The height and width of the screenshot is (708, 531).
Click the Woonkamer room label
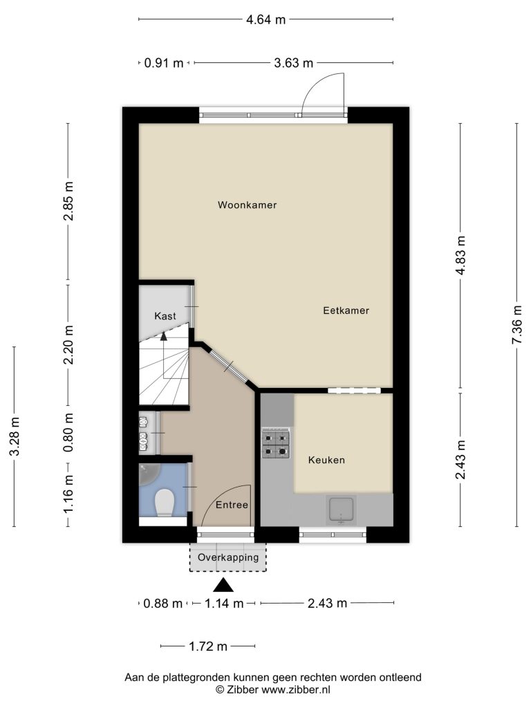pyautogui.click(x=247, y=205)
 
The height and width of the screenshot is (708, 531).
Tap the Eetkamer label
pyautogui.click(x=346, y=310)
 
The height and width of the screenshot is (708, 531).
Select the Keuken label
pyautogui.click(x=326, y=460)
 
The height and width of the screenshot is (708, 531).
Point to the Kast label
pyautogui.click(x=165, y=316)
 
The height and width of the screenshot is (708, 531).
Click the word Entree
pyautogui.click(x=232, y=505)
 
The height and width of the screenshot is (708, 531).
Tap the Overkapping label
pyautogui.click(x=228, y=557)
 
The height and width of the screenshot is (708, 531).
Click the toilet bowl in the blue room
pyautogui.click(x=165, y=503)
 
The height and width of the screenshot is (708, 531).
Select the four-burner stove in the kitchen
pyautogui.click(x=276, y=445)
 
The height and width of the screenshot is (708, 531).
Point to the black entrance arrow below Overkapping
pyautogui.click(x=223, y=586)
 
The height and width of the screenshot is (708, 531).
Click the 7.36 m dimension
pyautogui.click(x=517, y=325)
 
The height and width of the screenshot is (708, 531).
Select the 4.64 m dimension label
pyautogui.click(x=265, y=19)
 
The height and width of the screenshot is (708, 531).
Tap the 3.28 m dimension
pyautogui.click(x=15, y=437)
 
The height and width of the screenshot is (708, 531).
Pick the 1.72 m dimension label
pyautogui.click(x=207, y=646)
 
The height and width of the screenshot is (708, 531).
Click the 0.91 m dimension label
pyautogui.click(x=163, y=63)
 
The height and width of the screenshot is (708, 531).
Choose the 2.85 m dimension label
pyautogui.click(x=68, y=201)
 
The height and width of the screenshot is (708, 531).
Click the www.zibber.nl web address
pyautogui.click(x=296, y=689)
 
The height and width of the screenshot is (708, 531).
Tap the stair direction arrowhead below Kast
pyautogui.click(x=163, y=335)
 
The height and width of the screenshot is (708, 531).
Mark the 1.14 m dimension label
pyautogui.click(x=224, y=603)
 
